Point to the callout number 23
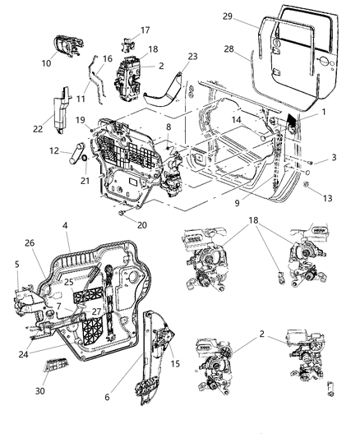coord(193,56)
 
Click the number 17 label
coord(145,30)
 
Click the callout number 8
coord(168,127)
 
